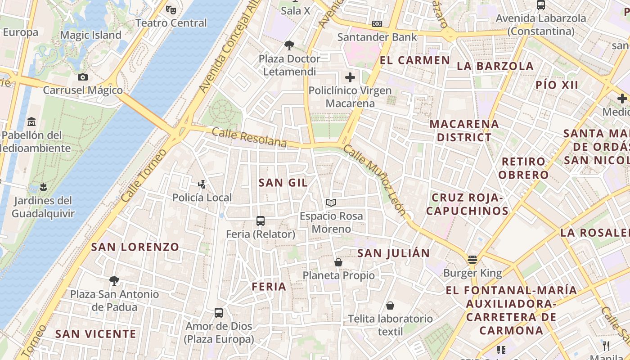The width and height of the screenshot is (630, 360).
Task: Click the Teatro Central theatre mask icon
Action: point(171,9)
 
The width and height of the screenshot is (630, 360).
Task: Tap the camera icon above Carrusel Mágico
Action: point(82,77)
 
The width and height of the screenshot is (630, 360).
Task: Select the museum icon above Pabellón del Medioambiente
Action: point(31,121)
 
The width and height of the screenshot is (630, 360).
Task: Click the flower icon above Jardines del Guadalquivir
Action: point(43,186)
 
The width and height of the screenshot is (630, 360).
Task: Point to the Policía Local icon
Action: point(202,184)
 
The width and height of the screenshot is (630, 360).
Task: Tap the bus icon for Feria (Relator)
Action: point(260,220)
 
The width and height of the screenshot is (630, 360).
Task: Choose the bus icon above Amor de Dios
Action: point(219,312)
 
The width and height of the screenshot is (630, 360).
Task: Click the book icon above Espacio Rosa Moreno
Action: point(331,202)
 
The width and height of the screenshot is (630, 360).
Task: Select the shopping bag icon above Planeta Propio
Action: point(338,262)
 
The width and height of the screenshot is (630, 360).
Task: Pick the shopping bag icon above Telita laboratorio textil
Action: point(390,306)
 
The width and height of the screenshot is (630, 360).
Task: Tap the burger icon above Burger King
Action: point(472,259)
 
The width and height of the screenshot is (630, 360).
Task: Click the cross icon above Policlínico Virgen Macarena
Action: point(350,77)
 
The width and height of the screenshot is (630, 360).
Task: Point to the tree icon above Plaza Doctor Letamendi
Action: point(289,45)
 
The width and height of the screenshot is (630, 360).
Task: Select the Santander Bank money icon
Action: point(377,24)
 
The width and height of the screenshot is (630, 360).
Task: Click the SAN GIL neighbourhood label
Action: point(283,182)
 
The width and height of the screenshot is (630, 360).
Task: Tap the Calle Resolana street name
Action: point(249,137)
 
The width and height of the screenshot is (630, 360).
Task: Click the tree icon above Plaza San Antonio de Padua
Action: point(114,281)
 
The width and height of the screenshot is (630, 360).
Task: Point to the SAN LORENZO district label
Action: point(135,247)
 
